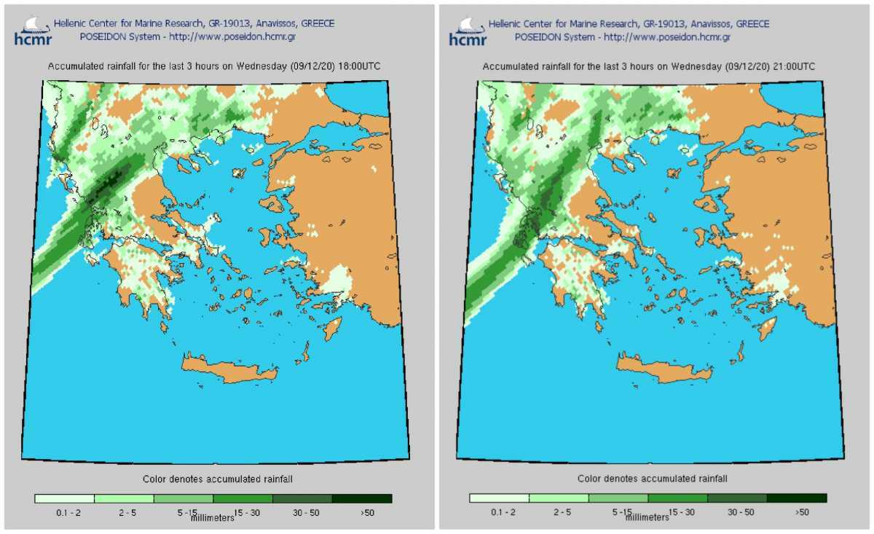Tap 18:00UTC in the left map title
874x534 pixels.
point(358,66)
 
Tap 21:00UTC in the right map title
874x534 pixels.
point(792,66)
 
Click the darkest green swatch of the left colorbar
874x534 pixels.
point(362,499)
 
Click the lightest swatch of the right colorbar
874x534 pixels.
point(500,498)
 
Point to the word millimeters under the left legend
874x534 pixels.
point(213,518)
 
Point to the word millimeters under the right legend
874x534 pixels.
point(647,517)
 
